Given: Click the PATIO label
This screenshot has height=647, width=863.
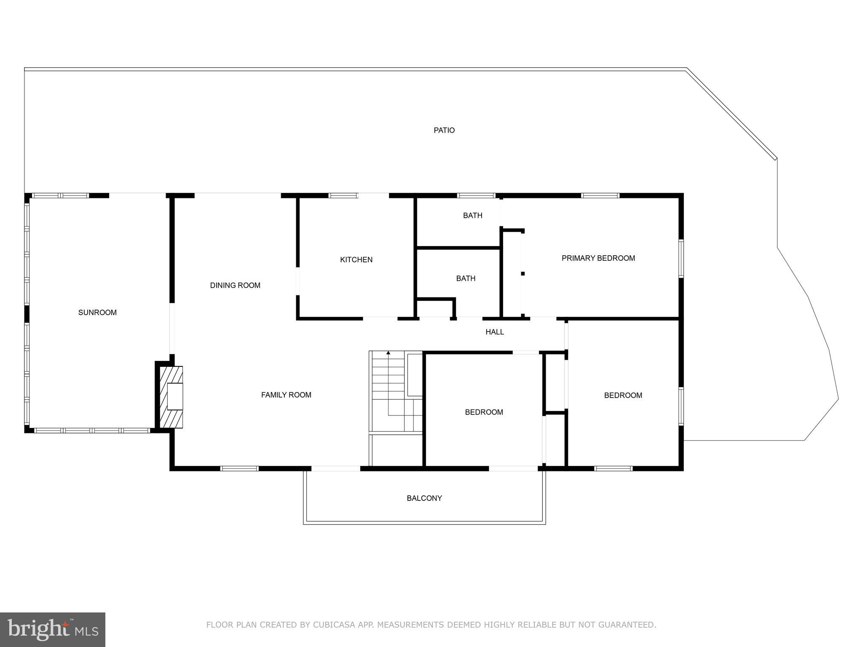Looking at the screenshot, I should (444, 130).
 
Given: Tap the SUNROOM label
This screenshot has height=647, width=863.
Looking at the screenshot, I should (97, 312).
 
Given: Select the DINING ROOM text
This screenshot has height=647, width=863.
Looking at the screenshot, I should (235, 285).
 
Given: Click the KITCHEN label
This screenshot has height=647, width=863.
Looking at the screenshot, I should (356, 259).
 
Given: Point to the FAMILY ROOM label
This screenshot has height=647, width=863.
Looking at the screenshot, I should (286, 395).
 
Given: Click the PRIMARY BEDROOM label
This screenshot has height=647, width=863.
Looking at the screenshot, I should (598, 258).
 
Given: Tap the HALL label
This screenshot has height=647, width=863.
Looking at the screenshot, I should (494, 332).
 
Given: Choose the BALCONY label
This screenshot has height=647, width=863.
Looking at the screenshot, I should (424, 498).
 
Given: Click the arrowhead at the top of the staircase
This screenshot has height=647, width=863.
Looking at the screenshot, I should (388, 353).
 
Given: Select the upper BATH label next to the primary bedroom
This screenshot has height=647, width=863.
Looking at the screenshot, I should (472, 215).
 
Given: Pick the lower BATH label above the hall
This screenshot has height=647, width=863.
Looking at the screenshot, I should (466, 278).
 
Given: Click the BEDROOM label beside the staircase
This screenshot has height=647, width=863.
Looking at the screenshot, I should (484, 412).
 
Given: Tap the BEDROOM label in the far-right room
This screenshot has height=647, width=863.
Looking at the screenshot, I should (623, 395).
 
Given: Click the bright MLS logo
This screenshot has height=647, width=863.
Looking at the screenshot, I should (52, 629).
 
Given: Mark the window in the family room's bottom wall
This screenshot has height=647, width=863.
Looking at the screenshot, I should (239, 468).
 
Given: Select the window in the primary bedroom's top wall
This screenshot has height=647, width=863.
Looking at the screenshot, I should (600, 195).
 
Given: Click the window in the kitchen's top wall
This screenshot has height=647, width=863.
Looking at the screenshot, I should (343, 195).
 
